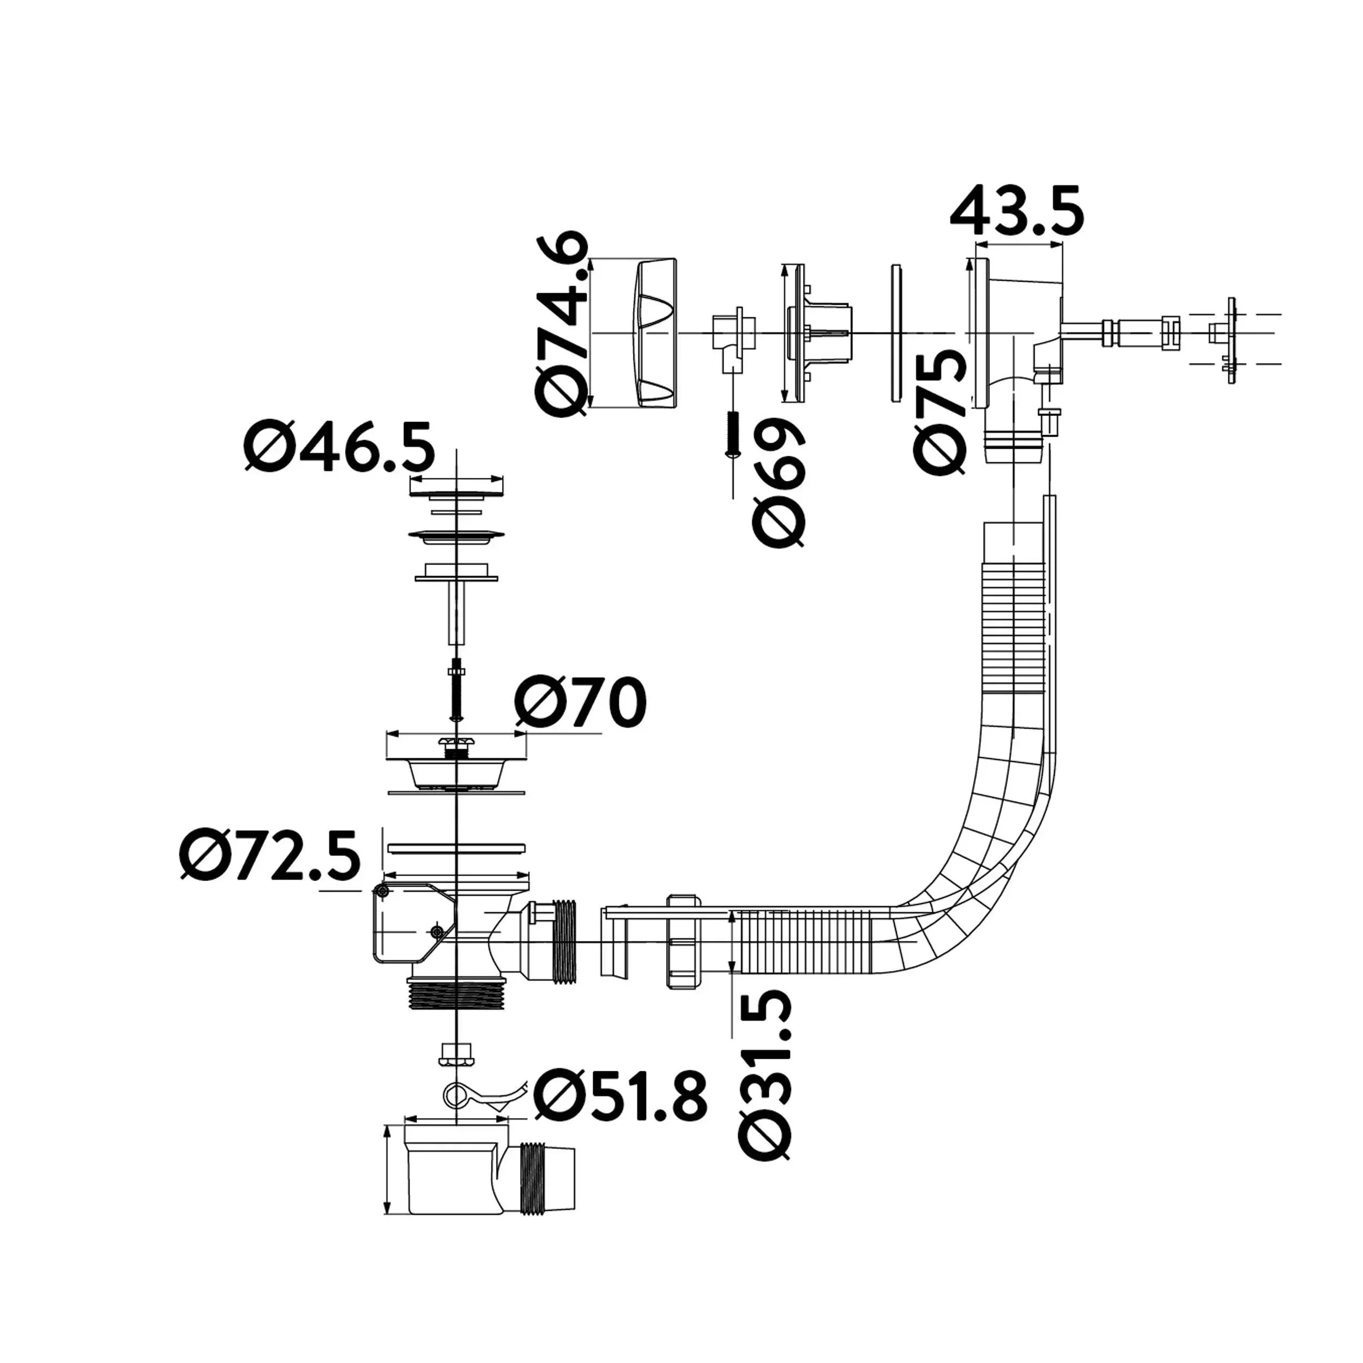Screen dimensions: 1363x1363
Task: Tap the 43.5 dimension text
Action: (x=1017, y=210)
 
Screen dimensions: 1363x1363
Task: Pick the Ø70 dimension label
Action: (x=580, y=702)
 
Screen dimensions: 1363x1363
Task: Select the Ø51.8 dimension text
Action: (x=619, y=1094)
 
